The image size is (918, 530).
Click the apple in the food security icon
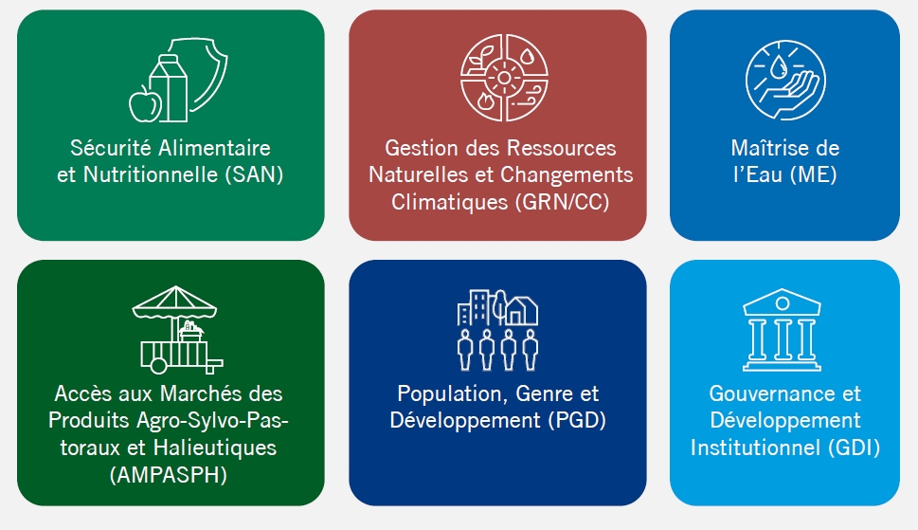tap(145, 105)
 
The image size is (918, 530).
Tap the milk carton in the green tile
tap(170, 88)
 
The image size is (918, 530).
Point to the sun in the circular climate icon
tap(504, 78)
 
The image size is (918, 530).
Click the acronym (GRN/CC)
tap(563, 202)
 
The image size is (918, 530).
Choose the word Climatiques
tap(450, 202)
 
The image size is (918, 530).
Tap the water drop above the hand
tap(778, 67)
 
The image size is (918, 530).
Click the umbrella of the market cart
tap(175, 302)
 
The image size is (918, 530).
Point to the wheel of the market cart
tap(158, 366)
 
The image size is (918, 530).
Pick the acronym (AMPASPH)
tap(169, 474)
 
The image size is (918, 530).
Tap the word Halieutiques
tap(215, 448)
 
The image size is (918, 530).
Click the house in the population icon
tap(522, 311)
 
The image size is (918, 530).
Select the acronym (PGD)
tap(577, 420)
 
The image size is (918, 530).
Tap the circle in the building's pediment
tap(783, 303)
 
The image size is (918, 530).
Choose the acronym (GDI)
tap(855, 448)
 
